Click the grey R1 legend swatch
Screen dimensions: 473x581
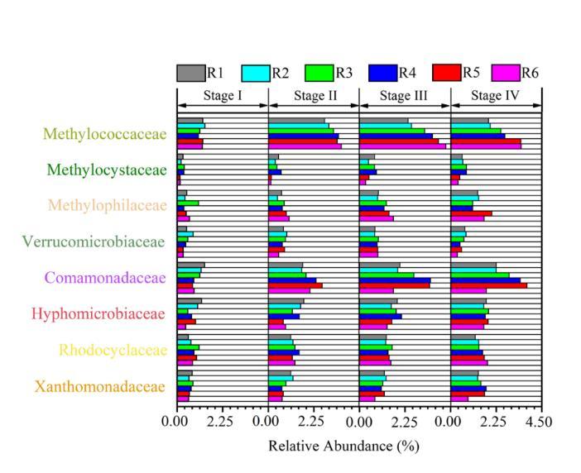pos(190,73)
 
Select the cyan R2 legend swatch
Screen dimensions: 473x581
pos(255,73)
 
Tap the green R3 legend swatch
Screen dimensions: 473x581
pos(319,73)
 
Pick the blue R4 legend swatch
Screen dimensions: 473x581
pos(382,73)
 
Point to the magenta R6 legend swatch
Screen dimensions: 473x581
pos(507,73)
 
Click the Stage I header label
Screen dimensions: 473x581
pos(223,95)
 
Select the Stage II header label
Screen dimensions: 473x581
pos(315,95)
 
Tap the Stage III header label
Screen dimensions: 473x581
pos(405,95)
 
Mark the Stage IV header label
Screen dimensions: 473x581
pos(496,95)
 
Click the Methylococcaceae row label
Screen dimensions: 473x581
pos(105,134)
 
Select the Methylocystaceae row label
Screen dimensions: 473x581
pos(107,170)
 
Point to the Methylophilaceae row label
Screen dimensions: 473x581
pos(107,205)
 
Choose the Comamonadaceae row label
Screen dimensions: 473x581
pos(105,278)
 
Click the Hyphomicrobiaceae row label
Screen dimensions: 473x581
pos(98,313)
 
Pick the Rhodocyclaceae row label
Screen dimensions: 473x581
pos(113,350)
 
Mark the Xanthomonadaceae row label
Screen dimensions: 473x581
pos(100,386)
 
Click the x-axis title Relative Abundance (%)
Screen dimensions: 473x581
pos(343,446)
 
